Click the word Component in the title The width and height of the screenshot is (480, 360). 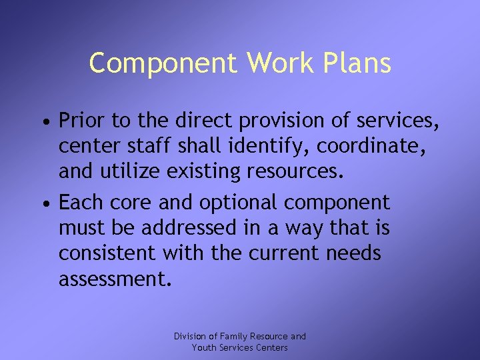pos(163,63)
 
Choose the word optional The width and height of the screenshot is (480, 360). pos(233,203)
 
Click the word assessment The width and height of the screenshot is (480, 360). pos(113,279)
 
